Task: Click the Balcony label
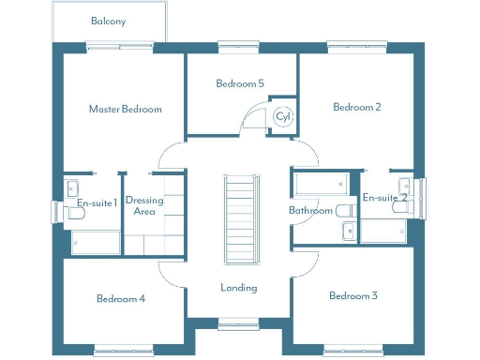point(110,21)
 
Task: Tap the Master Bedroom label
point(125,109)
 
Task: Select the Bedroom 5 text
point(240,83)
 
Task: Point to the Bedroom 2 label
point(357,107)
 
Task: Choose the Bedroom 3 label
point(353,296)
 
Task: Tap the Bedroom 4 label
point(121,299)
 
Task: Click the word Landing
point(239,288)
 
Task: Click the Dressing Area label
point(145,206)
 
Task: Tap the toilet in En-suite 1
point(75,214)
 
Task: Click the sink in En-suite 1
point(71,185)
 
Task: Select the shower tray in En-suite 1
point(96,243)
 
